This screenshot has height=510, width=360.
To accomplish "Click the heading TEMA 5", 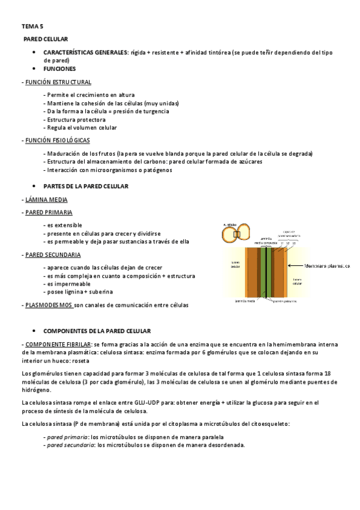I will tap(32, 26).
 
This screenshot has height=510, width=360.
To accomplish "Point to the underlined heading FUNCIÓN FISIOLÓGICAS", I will tap(57, 140).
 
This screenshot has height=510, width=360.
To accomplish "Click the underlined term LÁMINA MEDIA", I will tap(46, 199).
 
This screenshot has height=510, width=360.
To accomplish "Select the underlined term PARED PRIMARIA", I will tap(49, 212).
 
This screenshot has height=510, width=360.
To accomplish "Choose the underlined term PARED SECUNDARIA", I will tap(52, 254).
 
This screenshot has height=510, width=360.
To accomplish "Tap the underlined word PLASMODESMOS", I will tap(48, 305).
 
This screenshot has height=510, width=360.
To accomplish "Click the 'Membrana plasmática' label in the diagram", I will tap(327, 265).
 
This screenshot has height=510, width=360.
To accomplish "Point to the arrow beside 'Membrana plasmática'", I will tap(295, 265).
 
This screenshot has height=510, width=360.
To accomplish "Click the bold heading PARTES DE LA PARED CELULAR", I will tap(85, 186).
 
